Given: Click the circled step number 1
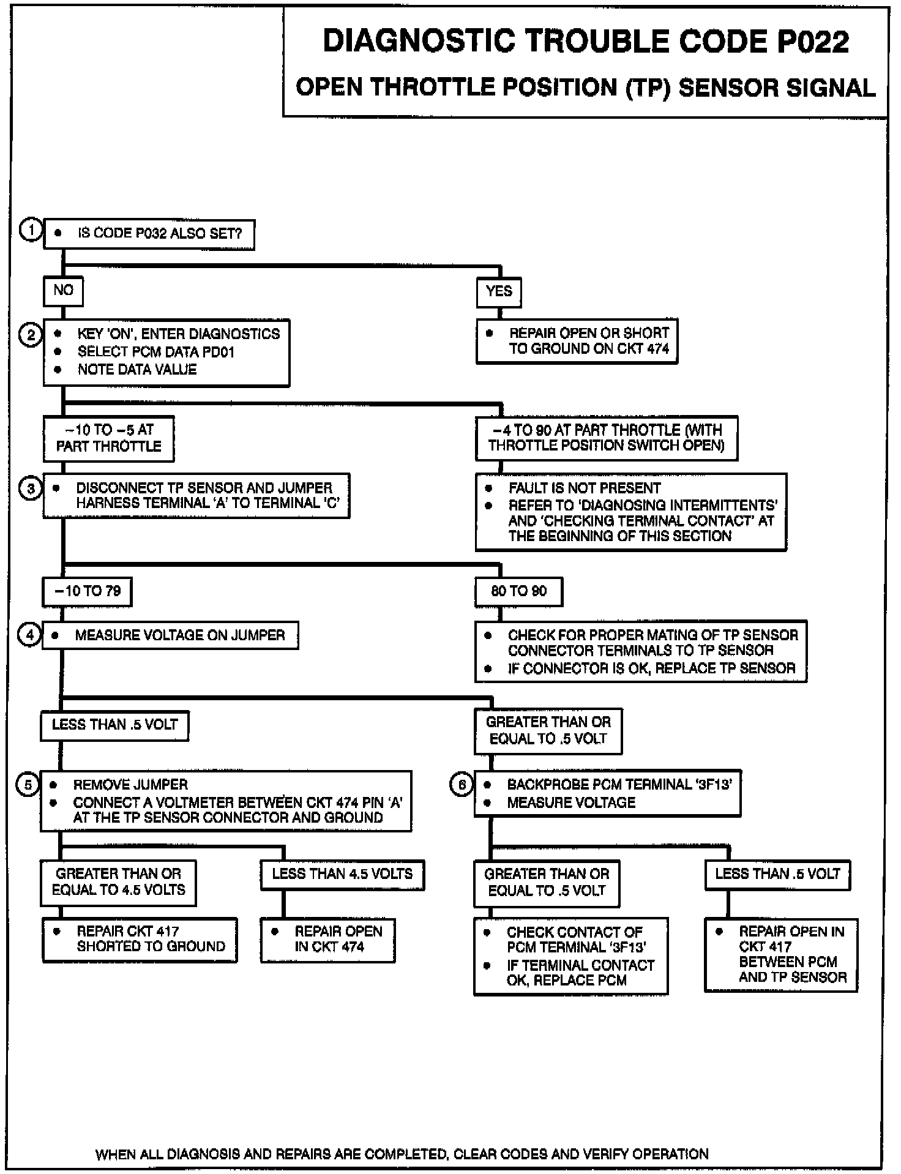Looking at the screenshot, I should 30,231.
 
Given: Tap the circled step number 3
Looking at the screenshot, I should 30,489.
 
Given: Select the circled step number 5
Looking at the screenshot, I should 28,784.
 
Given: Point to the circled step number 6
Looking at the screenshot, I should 462,784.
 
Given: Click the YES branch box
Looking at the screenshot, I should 499,292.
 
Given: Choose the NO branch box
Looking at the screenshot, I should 63,291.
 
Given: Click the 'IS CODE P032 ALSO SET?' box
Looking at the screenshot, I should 149,234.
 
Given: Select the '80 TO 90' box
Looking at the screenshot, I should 519,591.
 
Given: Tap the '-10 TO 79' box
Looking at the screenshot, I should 87,591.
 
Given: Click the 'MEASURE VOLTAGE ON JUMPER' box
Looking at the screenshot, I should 170,635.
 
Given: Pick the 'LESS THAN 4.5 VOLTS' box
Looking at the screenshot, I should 342,874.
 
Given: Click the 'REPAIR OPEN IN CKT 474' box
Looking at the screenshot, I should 328,940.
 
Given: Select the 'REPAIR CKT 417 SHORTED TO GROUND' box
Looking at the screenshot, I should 140,940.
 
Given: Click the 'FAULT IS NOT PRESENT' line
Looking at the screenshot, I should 585,488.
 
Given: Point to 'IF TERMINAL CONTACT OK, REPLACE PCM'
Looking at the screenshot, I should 580,973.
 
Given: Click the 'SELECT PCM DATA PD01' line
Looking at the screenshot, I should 155,352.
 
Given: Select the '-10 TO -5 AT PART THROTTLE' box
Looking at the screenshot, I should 108,438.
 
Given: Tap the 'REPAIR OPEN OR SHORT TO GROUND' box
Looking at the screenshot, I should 577,341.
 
